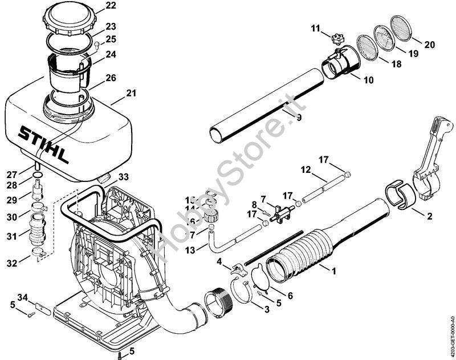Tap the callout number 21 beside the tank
click(131, 93)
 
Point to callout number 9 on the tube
click(298, 118)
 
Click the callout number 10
click(368, 80)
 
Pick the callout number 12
click(306, 169)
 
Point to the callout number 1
click(335, 272)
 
